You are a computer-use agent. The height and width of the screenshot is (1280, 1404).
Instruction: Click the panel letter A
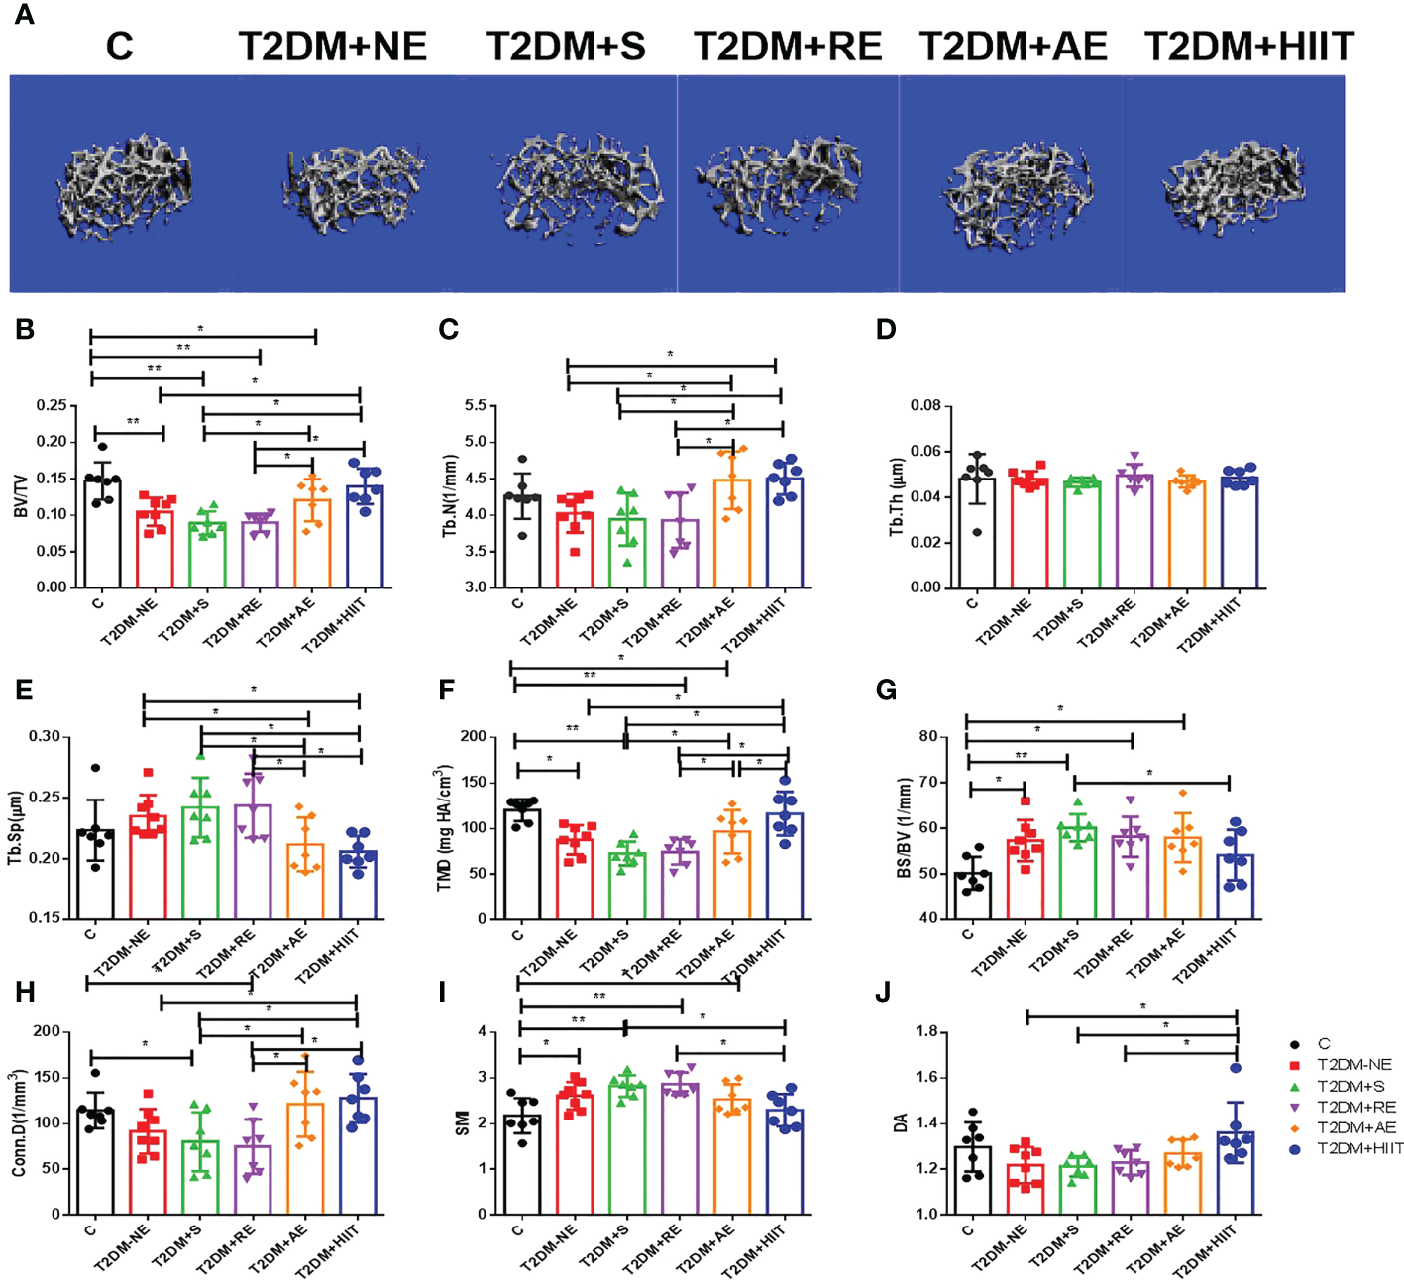point(23,15)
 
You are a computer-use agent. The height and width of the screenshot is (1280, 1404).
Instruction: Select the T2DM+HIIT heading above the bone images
point(1248,47)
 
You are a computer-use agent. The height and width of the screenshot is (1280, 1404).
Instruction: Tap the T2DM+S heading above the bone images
point(565,47)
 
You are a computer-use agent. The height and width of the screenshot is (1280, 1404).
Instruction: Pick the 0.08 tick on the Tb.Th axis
point(925,405)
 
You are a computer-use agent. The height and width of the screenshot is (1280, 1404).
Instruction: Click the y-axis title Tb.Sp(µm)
point(15,827)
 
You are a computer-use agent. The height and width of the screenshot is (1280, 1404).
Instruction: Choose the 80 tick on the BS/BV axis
point(928,736)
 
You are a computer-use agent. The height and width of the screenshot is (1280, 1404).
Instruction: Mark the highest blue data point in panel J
point(1236,1068)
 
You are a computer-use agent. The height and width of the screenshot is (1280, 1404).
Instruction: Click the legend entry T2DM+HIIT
point(1359,1148)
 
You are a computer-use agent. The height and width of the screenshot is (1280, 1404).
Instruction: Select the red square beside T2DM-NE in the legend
point(1295,1065)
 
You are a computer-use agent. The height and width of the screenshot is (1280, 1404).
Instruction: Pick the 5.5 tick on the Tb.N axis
point(475,405)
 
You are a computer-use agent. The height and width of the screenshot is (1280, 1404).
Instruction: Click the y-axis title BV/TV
point(20,496)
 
